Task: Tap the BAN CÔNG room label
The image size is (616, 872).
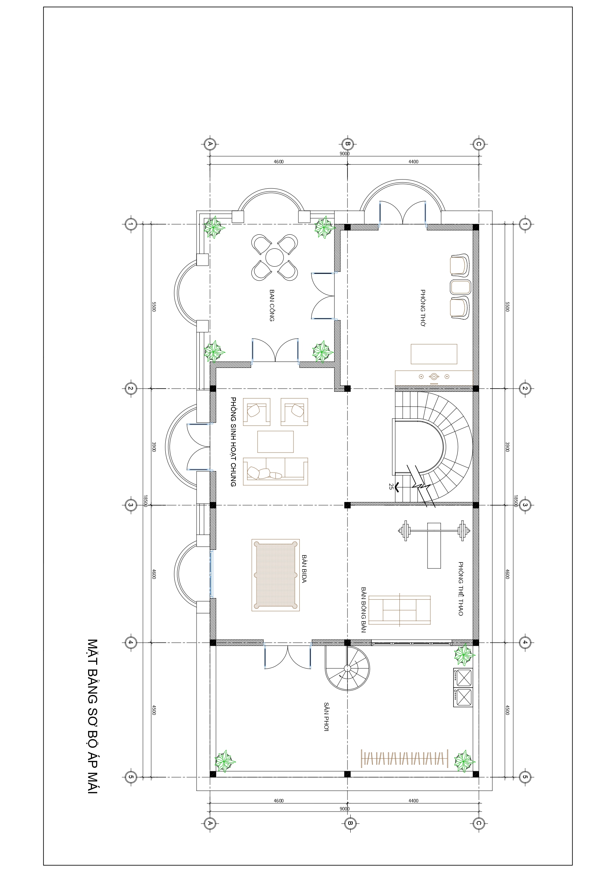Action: point(272,305)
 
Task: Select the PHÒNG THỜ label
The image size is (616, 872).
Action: point(423,308)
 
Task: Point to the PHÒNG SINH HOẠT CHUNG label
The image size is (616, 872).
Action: point(233,442)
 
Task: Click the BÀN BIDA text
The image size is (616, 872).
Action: point(304,568)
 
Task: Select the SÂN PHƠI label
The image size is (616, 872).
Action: point(326,717)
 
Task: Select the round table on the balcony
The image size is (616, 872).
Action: point(274,258)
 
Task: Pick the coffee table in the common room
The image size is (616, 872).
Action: point(276,441)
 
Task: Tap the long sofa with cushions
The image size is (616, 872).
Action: point(276,471)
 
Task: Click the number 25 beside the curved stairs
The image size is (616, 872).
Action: point(391,486)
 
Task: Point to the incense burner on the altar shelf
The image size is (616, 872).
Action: point(434,376)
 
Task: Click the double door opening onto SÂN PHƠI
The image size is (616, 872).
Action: point(288,656)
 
